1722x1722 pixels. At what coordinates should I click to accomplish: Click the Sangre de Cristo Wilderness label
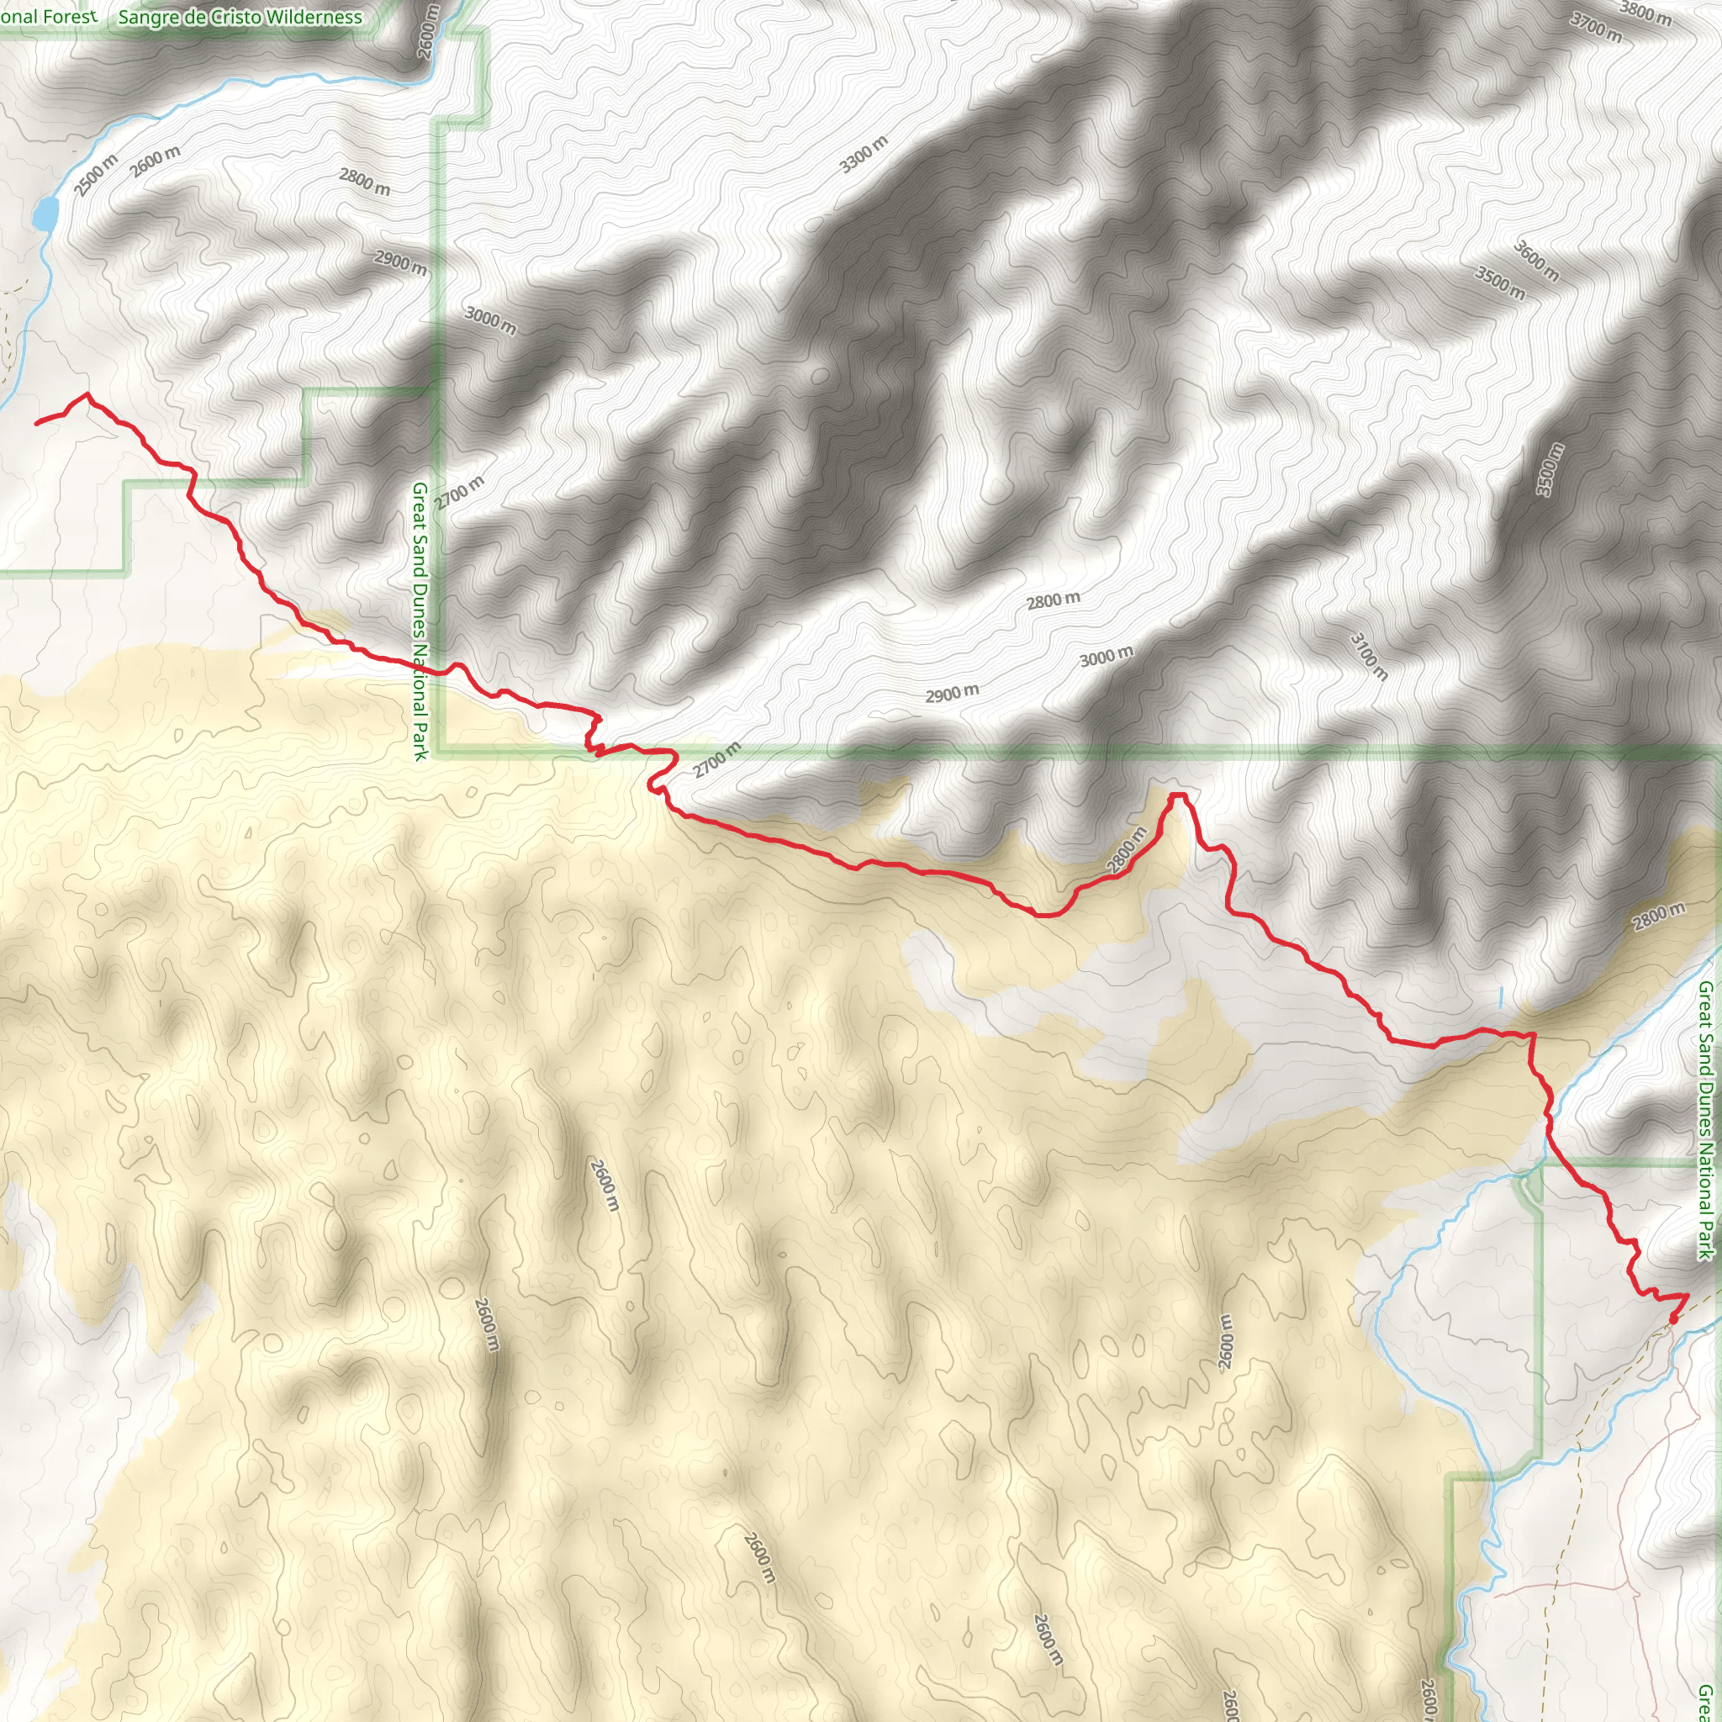click(240, 17)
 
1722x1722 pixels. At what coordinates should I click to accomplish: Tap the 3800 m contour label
click(1645, 13)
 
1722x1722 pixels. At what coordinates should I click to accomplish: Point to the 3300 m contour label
click(864, 154)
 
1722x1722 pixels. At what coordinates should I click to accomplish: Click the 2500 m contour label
click(96, 175)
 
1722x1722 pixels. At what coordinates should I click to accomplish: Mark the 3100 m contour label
click(1369, 655)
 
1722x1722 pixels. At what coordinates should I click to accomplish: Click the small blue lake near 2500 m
click(44, 214)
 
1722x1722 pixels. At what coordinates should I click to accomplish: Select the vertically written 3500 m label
click(1549, 470)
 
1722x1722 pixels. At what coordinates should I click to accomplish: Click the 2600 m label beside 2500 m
click(156, 161)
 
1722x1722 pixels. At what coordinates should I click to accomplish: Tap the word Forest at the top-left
click(69, 16)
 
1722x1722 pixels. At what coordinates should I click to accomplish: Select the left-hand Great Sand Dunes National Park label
click(420, 621)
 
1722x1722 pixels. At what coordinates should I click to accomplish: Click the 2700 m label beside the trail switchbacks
click(716, 759)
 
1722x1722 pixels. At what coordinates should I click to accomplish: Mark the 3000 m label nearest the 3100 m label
click(1107, 657)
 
